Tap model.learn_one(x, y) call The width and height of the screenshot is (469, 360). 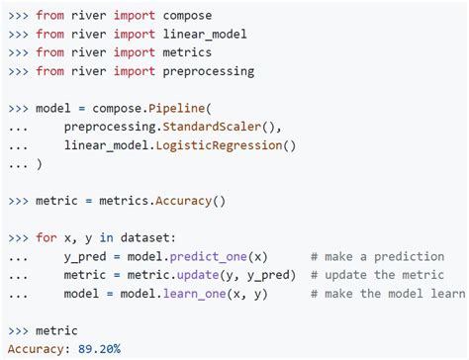pyautogui.click(x=194, y=293)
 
